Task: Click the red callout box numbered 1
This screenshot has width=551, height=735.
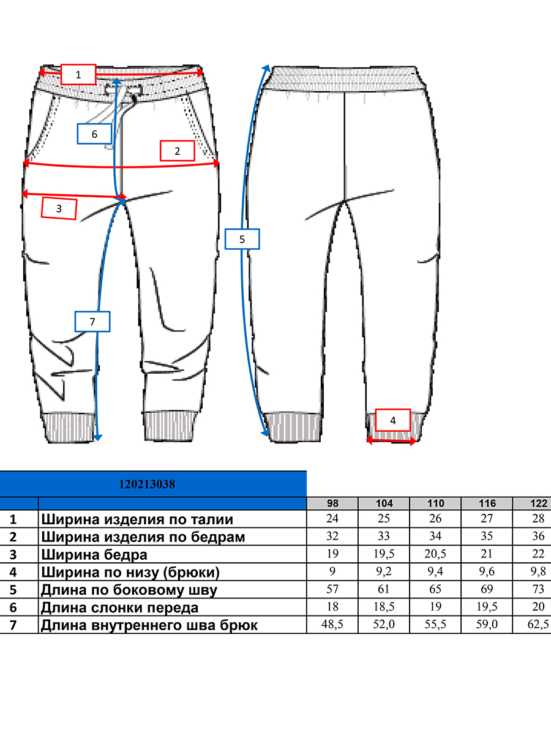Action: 78,74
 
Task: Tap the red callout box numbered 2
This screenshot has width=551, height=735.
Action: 178,151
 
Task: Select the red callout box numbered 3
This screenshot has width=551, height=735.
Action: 59,209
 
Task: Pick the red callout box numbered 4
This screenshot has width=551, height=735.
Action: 393,420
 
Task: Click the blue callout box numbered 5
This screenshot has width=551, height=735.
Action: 242,239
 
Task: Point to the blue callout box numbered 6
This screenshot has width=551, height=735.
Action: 94,134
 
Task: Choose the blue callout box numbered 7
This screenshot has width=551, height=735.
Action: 92,322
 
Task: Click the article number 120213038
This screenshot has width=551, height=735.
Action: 147,484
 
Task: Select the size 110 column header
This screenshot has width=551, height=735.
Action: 435,503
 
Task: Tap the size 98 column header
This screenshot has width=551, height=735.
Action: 332,503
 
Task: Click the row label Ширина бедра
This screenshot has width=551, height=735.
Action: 94,555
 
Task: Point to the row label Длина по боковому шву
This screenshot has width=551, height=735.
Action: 129,590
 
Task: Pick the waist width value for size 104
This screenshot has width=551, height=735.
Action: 384,519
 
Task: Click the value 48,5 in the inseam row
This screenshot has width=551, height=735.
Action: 332,624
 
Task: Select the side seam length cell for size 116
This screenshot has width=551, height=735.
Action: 487,589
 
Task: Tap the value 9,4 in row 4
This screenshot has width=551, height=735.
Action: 435,571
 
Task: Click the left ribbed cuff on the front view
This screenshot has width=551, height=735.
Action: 68,428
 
